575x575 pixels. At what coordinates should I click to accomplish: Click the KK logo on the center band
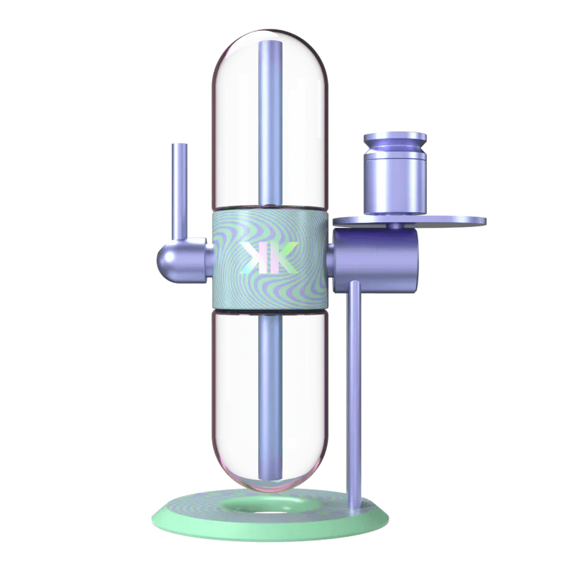[x=267, y=257]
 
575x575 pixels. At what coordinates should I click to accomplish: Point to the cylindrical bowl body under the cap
[x=393, y=183]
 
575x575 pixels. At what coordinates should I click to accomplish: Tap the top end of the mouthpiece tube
[x=177, y=145]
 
